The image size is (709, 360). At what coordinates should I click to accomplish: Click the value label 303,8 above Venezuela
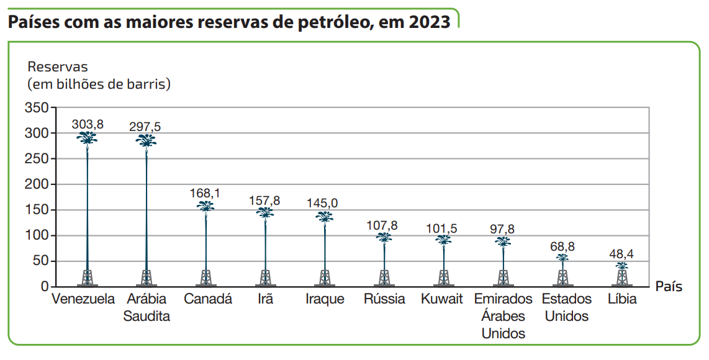88,124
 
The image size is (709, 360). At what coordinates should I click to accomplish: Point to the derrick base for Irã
265,277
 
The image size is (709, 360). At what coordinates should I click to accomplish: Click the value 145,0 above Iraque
323,203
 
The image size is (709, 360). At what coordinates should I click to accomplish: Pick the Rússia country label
384,299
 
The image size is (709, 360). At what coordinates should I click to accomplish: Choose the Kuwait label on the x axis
442,299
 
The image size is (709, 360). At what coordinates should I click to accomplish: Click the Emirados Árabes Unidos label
504,316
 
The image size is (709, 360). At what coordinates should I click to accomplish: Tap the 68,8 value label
562,246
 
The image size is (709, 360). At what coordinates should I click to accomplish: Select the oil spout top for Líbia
622,266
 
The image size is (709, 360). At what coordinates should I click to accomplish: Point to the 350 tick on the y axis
37,108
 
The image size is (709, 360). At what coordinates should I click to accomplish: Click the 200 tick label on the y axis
37,184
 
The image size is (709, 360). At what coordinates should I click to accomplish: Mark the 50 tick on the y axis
40,261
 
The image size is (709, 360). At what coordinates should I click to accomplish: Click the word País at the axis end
669,287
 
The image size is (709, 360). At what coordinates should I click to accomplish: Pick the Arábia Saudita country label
147,307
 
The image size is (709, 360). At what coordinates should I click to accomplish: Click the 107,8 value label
382,225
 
